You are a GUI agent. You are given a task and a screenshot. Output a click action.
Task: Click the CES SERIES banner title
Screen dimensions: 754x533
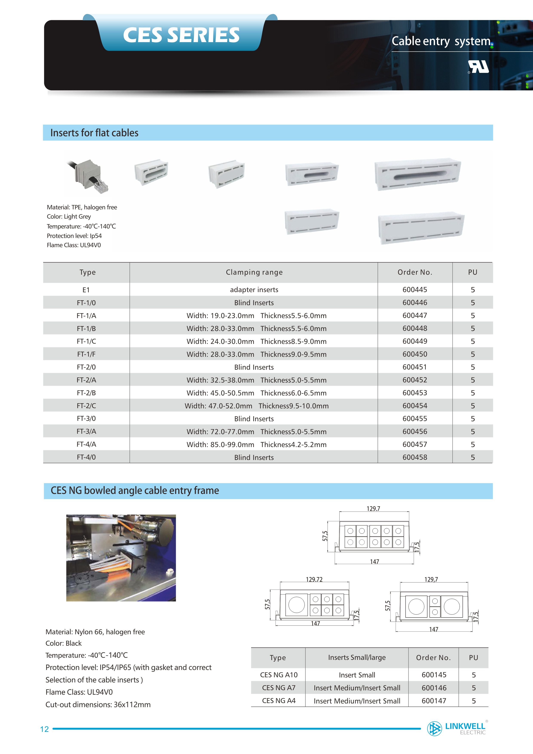point(181,35)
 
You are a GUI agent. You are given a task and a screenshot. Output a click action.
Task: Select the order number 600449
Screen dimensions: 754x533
point(415,341)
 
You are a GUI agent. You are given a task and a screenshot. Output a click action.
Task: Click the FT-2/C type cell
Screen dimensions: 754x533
point(86,406)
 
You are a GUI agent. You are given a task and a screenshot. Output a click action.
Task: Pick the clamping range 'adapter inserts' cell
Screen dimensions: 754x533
point(254,290)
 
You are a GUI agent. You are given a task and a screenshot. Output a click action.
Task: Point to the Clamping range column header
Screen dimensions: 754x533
point(254,272)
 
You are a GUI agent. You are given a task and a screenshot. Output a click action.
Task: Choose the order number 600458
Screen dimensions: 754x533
point(415,457)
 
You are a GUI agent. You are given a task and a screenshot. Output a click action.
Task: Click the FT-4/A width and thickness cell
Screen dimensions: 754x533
point(256,444)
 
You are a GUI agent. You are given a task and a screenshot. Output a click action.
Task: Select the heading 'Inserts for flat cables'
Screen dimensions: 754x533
point(94,133)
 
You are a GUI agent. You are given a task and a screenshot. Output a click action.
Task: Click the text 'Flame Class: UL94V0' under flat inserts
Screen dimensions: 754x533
point(74,245)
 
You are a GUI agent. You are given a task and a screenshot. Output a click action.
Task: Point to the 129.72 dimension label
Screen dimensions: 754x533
point(314,579)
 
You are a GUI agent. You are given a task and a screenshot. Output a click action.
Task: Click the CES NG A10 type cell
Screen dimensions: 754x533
point(279,675)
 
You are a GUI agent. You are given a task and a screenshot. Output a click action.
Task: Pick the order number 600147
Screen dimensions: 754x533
point(434,701)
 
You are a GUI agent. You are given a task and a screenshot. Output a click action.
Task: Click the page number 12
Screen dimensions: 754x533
point(44,729)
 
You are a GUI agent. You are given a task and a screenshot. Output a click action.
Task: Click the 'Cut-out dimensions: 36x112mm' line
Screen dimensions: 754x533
point(98,704)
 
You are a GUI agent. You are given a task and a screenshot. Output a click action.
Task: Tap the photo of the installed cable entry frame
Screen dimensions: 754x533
point(121,558)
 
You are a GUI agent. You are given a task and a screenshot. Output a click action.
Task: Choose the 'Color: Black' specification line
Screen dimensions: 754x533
point(63,643)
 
